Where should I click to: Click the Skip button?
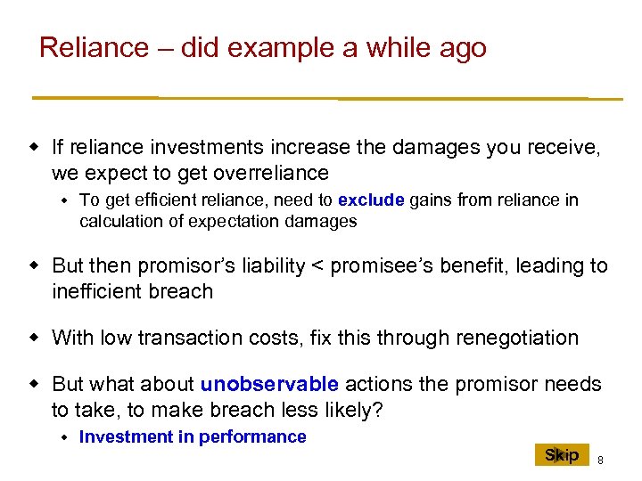point(563,455)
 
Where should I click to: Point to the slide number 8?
point(600,460)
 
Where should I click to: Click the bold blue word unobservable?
point(269,385)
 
